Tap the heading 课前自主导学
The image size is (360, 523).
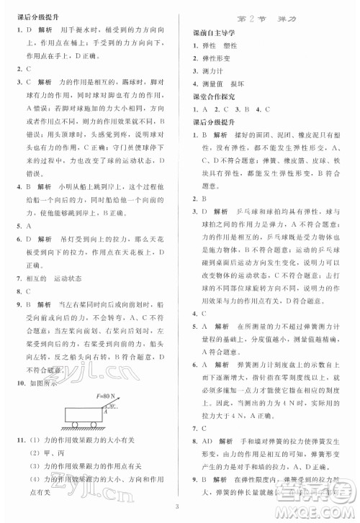(213, 33)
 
